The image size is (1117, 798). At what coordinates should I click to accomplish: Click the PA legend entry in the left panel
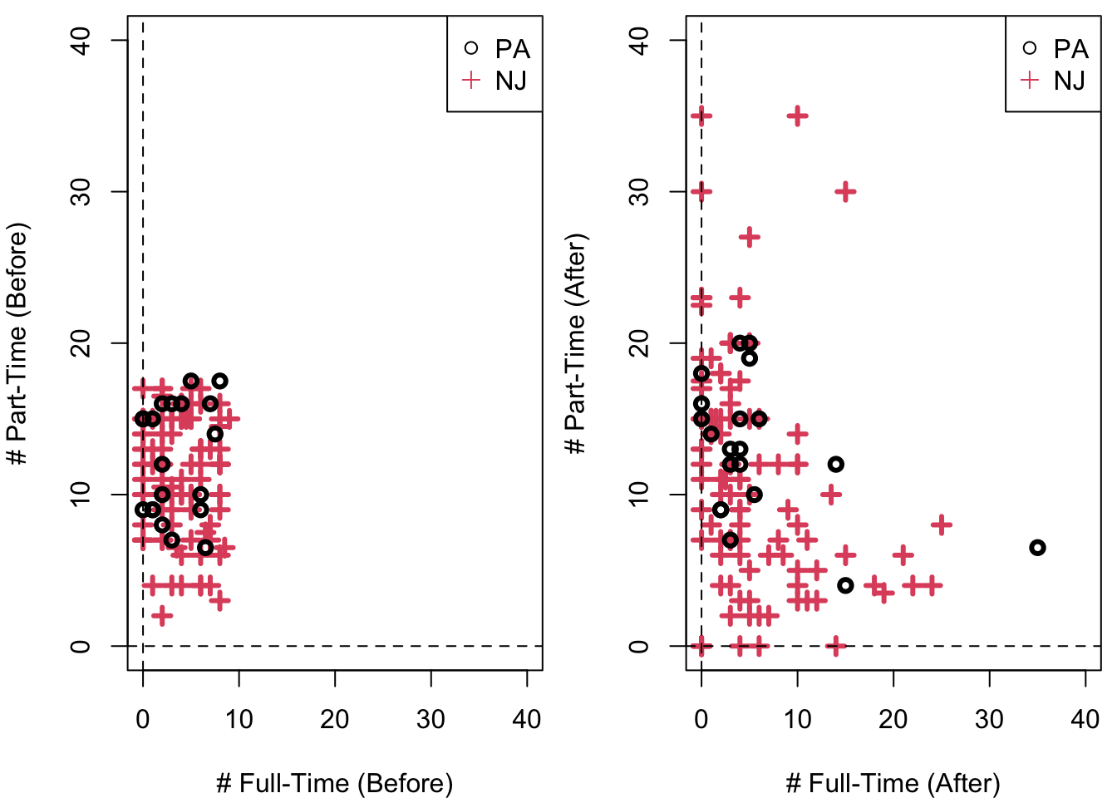tap(496, 49)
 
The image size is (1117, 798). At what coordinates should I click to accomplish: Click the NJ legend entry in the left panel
tap(496, 81)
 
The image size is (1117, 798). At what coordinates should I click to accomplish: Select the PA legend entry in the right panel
tap(1055, 49)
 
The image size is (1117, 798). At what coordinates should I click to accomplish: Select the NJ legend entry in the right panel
tap(1055, 81)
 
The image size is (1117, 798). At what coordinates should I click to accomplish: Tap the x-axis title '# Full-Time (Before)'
tap(334, 783)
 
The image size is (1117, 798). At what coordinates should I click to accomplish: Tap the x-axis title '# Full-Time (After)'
tap(893, 783)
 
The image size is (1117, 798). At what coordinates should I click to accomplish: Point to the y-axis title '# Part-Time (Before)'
tap(18, 343)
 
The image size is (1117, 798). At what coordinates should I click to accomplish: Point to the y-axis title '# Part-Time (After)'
tap(576, 343)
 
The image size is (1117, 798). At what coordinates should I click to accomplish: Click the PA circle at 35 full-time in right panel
tap(1037, 548)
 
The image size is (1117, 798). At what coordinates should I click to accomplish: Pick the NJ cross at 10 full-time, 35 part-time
tap(798, 116)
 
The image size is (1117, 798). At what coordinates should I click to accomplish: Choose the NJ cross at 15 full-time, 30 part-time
tap(845, 192)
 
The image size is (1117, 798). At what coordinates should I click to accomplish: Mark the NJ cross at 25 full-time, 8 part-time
tap(942, 525)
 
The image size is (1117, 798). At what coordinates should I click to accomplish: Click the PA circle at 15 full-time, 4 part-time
tap(845, 585)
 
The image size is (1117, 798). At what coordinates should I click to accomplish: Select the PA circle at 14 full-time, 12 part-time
tap(836, 464)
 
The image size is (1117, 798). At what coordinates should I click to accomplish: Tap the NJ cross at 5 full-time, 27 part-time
tap(750, 237)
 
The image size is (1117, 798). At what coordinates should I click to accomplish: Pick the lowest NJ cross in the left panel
tap(162, 616)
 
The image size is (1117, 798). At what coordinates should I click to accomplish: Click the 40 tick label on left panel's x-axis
tap(527, 719)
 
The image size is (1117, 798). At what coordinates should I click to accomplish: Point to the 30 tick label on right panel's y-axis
tap(639, 192)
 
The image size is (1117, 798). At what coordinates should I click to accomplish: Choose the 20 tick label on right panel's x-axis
tap(893, 719)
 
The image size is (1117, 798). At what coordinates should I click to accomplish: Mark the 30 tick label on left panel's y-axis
tap(81, 192)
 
